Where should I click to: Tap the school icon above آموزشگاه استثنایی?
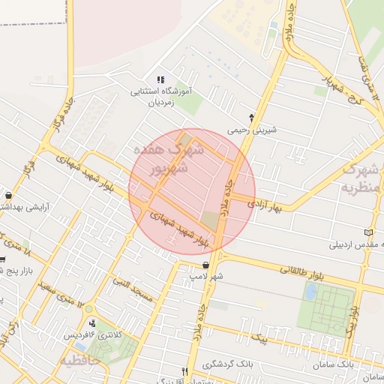[160, 79]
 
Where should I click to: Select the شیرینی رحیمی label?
[252, 129]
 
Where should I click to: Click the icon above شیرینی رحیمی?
[251, 117]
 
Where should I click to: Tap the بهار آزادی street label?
[269, 203]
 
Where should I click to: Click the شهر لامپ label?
[206, 277]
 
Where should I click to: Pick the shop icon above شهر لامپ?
[205, 264]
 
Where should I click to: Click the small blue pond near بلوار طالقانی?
[310, 292]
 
